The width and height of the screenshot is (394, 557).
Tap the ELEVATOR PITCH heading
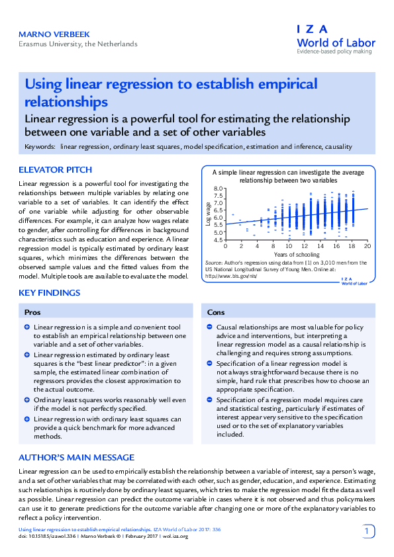(56, 170)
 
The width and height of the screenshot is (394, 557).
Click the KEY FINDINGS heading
(50, 292)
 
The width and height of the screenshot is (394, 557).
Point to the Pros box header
(32, 312)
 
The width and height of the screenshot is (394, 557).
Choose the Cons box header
(216, 312)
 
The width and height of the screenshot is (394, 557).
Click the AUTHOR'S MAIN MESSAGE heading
(76, 457)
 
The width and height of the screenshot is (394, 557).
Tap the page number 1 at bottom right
(368, 531)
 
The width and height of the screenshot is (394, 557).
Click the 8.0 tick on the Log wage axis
(219, 189)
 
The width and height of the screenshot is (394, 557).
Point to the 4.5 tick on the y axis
(219, 239)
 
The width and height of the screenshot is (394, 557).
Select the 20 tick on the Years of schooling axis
(367, 246)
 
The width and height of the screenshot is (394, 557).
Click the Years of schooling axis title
(294, 255)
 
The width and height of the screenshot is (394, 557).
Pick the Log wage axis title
(209, 215)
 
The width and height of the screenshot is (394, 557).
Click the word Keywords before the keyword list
(40, 147)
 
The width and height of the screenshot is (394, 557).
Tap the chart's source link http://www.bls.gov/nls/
(230, 277)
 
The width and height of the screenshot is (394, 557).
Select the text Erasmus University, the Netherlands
(77, 44)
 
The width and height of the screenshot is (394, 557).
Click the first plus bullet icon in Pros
(26, 327)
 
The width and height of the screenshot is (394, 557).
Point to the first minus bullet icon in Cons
(209, 327)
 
